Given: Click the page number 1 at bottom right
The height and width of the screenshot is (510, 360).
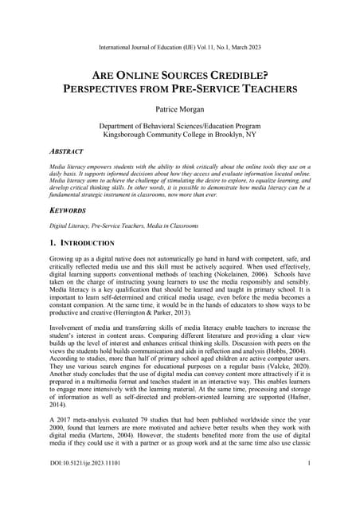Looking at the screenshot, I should pos(308,485).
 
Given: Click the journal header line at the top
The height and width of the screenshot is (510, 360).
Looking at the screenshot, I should pos(180,47).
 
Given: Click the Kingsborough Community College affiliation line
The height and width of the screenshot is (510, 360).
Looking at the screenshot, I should pos(180,135).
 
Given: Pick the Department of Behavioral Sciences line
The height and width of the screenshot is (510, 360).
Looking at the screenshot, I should pos(180,126).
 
